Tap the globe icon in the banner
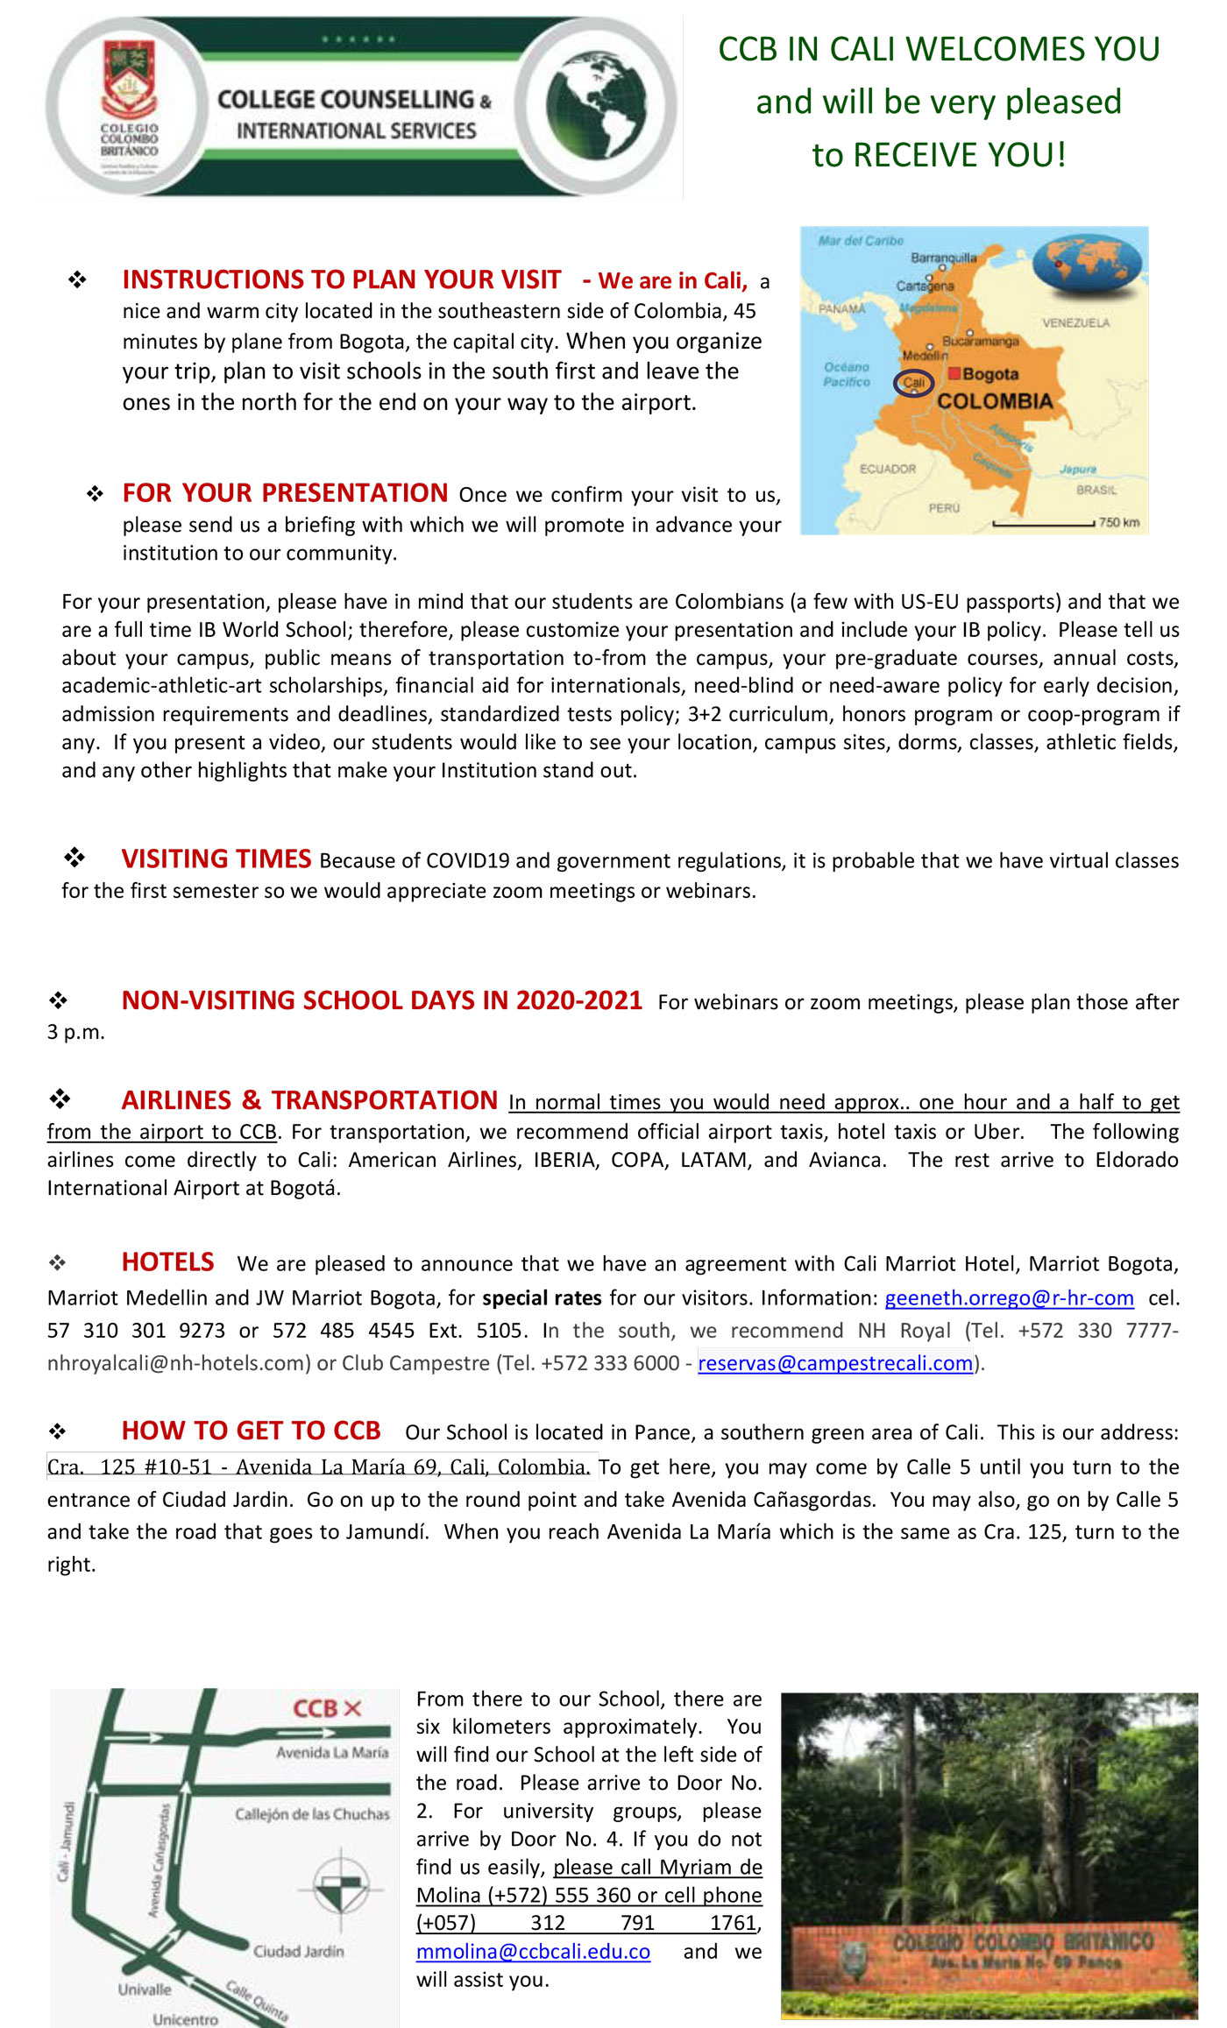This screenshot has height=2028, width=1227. tap(596, 104)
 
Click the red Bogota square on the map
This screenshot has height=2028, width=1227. tap(954, 374)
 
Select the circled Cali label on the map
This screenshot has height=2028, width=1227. tap(913, 383)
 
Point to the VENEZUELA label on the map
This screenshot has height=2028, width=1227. tap(1075, 323)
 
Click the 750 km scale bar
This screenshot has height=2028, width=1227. tap(1043, 524)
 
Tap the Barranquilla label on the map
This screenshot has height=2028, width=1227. tap(943, 258)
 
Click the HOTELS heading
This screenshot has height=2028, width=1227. tap(167, 1262)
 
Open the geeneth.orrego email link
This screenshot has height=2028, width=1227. tap(1009, 1298)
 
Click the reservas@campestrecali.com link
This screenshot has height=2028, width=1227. tap(835, 1363)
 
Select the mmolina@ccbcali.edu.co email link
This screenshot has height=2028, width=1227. tap(533, 1952)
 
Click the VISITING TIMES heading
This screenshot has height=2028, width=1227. tap(216, 859)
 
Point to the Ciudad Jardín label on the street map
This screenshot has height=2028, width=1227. tap(298, 1952)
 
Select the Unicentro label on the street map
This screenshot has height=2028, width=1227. tap(185, 2019)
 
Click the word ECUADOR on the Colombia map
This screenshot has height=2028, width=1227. tap(887, 470)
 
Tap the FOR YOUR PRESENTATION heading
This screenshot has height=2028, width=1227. tap(285, 493)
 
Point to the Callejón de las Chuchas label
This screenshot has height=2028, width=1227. tap(312, 1814)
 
